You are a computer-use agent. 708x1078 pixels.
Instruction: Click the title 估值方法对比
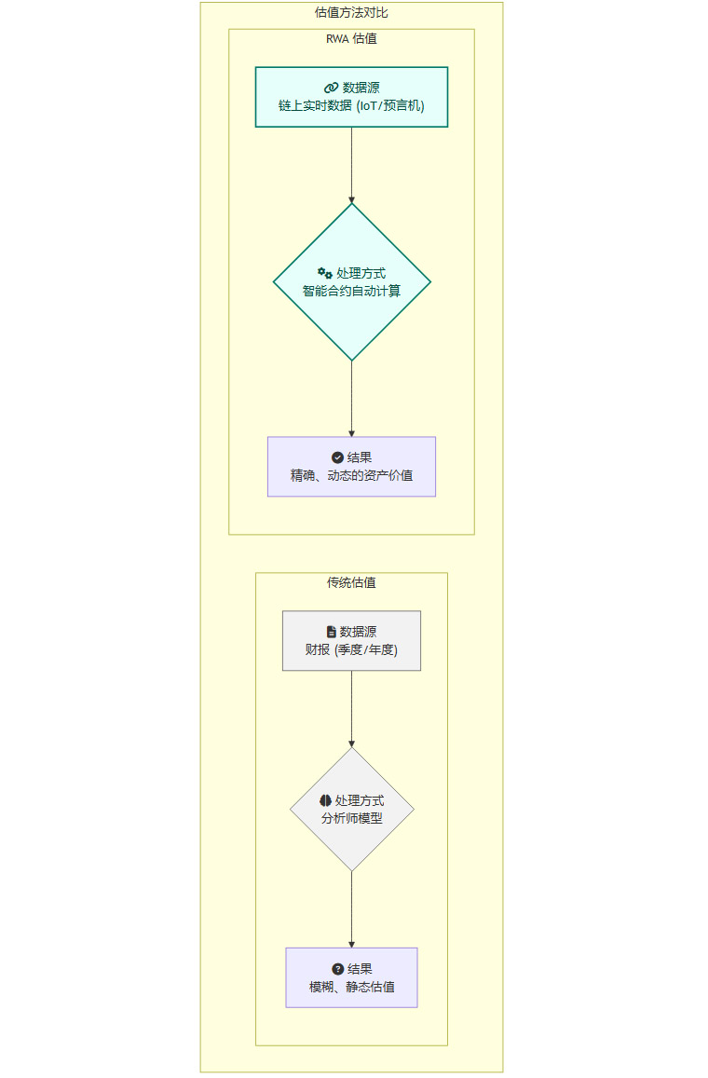[351, 13]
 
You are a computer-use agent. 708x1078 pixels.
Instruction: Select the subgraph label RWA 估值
[351, 39]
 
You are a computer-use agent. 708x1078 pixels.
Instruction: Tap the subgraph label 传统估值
[351, 583]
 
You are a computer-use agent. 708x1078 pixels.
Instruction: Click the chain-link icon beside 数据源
[331, 88]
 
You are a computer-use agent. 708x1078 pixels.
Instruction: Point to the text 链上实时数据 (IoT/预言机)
[351, 106]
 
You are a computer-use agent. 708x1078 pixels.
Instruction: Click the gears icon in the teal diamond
[325, 273]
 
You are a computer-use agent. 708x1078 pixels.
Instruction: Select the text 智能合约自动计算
[351, 291]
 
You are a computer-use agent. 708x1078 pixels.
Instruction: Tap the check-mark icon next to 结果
[337, 457]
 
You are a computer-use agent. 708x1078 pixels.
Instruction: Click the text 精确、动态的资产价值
[351, 475]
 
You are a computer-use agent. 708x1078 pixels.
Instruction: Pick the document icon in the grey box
[331, 632]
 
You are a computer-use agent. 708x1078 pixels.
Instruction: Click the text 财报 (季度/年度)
[351, 649]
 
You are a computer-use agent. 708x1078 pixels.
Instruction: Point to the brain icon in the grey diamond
[325, 800]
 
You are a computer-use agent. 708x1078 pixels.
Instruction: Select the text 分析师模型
[351, 818]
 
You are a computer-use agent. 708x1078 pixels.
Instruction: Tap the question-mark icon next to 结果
[337, 969]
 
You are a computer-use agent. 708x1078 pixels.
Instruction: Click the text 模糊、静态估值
[351, 987]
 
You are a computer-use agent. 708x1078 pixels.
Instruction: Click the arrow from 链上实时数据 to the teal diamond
[351, 165]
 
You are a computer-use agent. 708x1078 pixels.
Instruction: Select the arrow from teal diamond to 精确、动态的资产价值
[351, 399]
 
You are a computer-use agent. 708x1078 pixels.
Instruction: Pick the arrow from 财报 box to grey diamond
[351, 708]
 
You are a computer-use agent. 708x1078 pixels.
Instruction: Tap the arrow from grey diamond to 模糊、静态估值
[351, 909]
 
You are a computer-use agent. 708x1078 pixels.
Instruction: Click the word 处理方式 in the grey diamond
[360, 800]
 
